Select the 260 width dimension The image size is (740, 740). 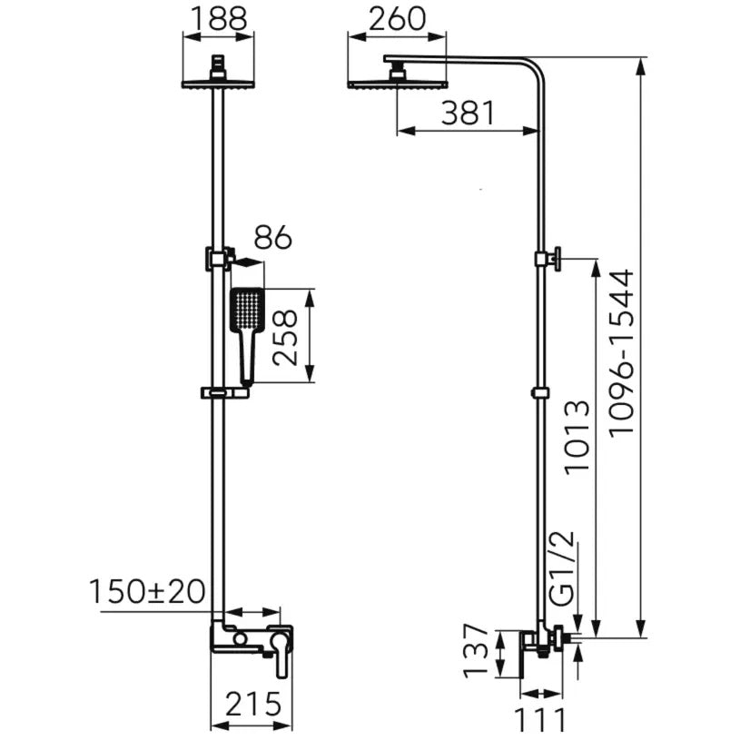397,20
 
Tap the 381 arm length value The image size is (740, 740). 468,113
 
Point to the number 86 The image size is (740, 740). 273,237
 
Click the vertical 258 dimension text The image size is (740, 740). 285,337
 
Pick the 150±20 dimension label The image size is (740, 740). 147,592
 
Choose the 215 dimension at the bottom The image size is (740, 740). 253,705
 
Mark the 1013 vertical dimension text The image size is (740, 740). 577,437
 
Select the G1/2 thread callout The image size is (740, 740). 563,567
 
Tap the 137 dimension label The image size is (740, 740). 475,651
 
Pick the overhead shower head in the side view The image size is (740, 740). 398,79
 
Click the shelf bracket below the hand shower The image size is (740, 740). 224,392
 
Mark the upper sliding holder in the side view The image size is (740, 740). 548,259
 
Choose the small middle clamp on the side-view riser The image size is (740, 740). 540,392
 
